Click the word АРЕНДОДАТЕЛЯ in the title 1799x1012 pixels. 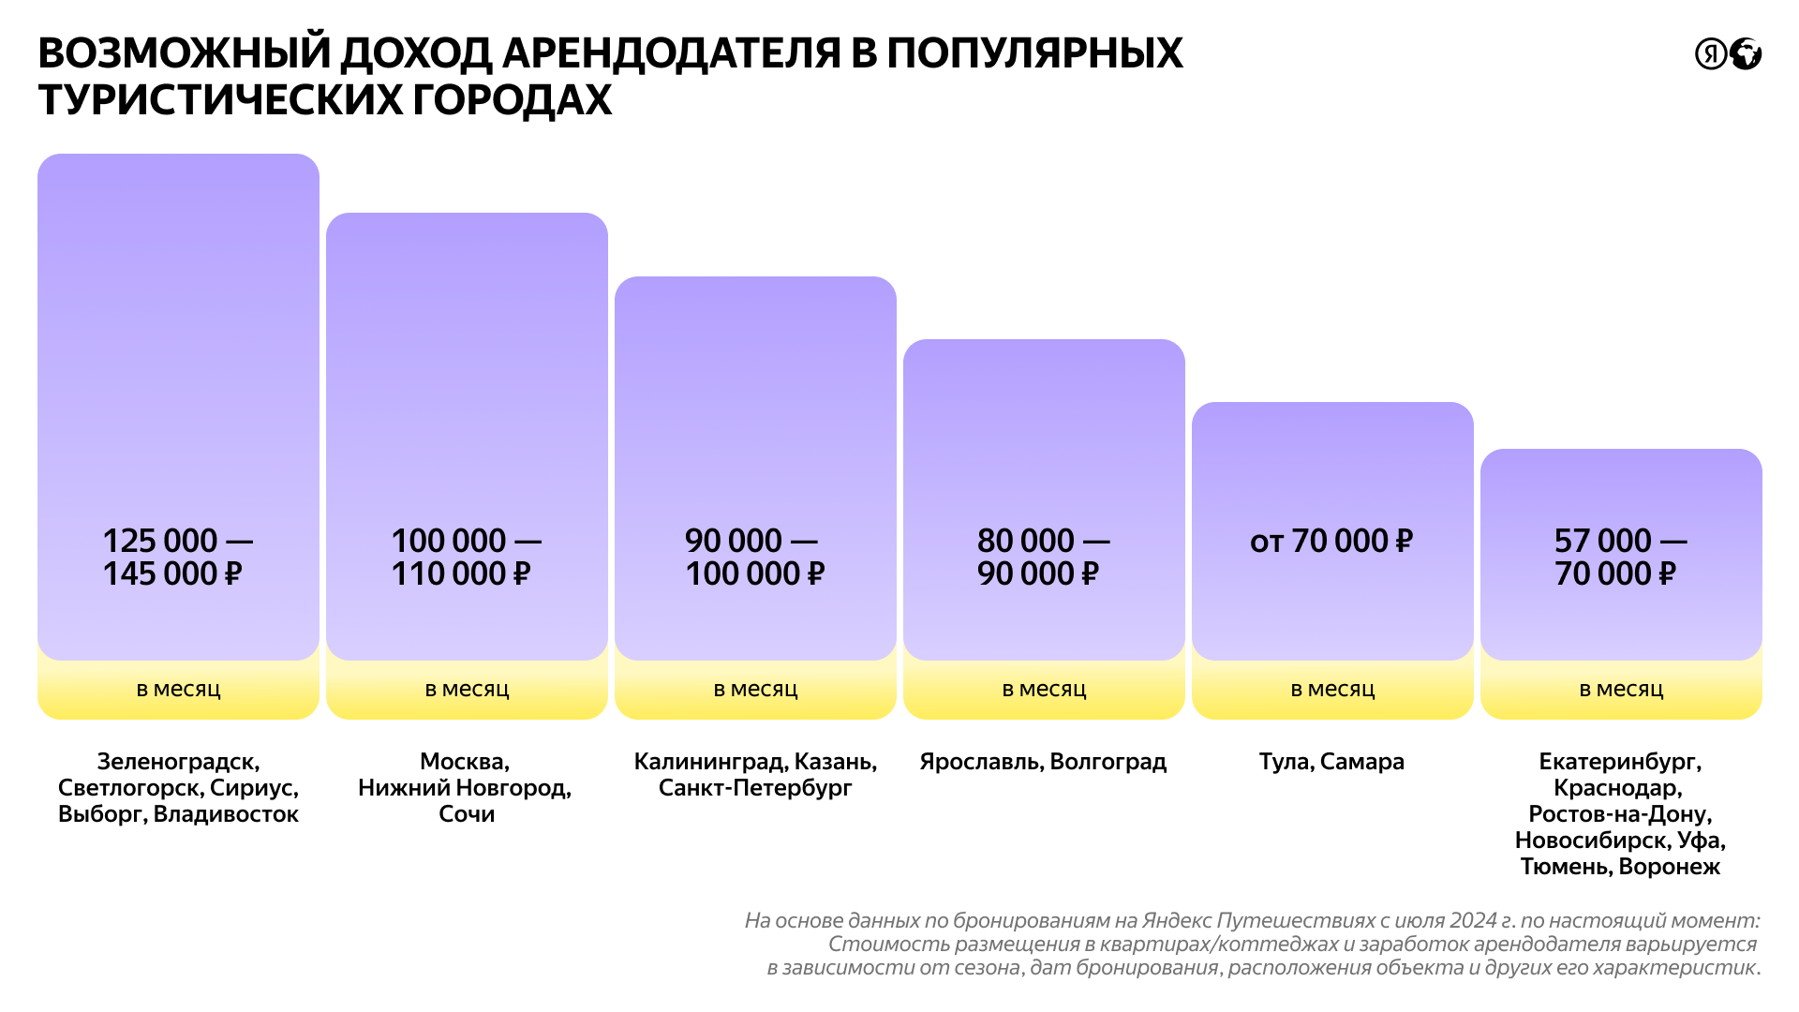click(670, 53)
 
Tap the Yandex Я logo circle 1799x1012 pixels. click(1711, 54)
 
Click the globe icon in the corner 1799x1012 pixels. click(1746, 54)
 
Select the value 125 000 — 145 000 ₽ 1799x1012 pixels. click(176, 557)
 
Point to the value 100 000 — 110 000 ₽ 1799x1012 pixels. click(465, 557)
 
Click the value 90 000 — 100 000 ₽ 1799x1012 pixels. click(754, 557)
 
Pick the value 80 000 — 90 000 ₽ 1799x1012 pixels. click(1042, 557)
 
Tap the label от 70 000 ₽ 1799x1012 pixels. click(1331, 541)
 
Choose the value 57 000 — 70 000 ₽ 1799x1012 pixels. click(1619, 557)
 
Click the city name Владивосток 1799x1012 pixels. click(226, 814)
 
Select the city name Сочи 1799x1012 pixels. click(467, 814)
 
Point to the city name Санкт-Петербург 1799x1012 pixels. click(755, 788)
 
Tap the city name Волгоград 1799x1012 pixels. click(1108, 762)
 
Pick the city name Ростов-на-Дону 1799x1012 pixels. click(1620, 814)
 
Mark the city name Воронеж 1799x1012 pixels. click(1670, 867)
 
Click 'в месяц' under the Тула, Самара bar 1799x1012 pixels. click(1332, 690)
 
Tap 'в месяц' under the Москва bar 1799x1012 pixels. click(467, 690)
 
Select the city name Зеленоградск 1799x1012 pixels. click(178, 762)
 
